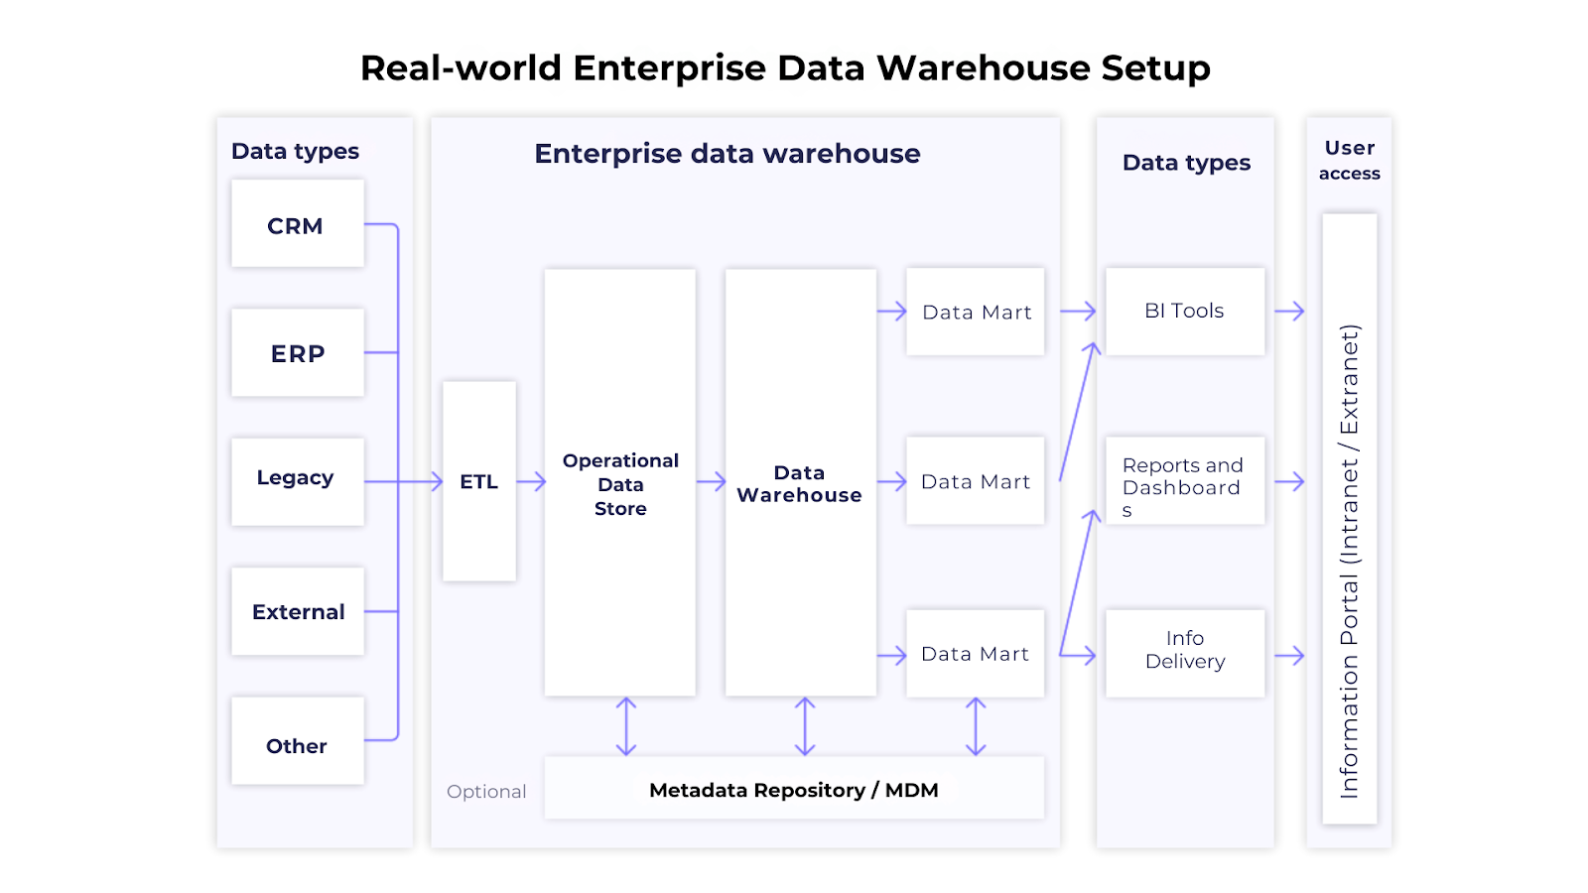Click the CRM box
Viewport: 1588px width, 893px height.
297,224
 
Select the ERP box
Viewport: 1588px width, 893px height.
297,353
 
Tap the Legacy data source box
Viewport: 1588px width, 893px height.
297,481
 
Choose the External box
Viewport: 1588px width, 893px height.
297,611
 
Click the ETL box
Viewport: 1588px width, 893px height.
478,481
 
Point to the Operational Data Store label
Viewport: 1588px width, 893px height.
620,484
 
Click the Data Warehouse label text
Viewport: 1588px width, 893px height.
799,484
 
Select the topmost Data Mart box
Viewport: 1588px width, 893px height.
975,312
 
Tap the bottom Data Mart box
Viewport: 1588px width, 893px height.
975,654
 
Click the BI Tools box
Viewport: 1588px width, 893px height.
1184,312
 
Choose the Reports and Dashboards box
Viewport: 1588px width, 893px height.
1184,482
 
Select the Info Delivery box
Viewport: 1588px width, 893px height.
1184,650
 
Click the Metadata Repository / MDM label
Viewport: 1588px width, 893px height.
793,790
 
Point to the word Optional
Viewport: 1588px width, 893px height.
485,791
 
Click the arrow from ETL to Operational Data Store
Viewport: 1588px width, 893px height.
531,481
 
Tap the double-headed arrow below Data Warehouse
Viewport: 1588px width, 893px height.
805,726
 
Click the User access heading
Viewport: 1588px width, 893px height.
1349,160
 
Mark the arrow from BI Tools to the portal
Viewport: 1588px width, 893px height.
1289,312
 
